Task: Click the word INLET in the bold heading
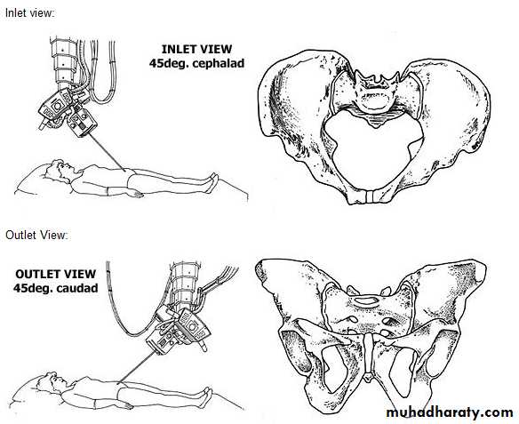pyautogui.click(x=179, y=49)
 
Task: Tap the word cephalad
pyautogui.click(x=219, y=63)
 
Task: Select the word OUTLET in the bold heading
pyautogui.click(x=36, y=274)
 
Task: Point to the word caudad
pyautogui.click(x=77, y=288)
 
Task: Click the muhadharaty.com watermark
pyautogui.click(x=450, y=412)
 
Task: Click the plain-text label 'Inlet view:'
pyautogui.click(x=29, y=13)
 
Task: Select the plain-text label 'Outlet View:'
pyautogui.click(x=36, y=235)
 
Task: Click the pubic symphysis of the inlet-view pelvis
pyautogui.click(x=370, y=196)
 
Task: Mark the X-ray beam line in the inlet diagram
pyautogui.click(x=108, y=153)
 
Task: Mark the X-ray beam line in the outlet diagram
pyautogui.click(x=135, y=367)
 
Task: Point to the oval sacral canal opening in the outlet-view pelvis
pyautogui.click(x=366, y=300)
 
